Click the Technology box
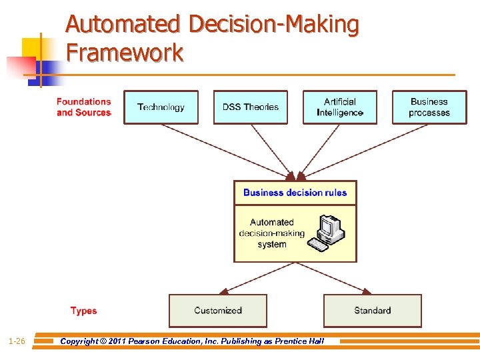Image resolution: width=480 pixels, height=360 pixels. coord(161,107)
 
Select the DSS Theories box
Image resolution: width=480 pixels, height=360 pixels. coord(250,107)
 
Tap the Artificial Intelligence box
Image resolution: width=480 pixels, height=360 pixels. coord(340,107)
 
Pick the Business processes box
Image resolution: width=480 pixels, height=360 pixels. coord(429,107)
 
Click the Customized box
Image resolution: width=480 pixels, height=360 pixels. coord(217,311)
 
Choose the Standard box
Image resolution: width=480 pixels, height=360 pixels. coord(372,311)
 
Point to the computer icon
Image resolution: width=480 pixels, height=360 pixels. coord(328,233)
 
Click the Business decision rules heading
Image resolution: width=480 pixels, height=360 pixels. coord(295,193)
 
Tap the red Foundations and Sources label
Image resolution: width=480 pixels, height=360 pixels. coord(83,107)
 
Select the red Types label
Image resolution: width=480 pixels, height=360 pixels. coord(83,311)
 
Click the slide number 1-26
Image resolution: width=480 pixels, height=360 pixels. coord(17,341)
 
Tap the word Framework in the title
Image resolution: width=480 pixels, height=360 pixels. coord(125,52)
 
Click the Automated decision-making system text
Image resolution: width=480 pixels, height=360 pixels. coord(271,233)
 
